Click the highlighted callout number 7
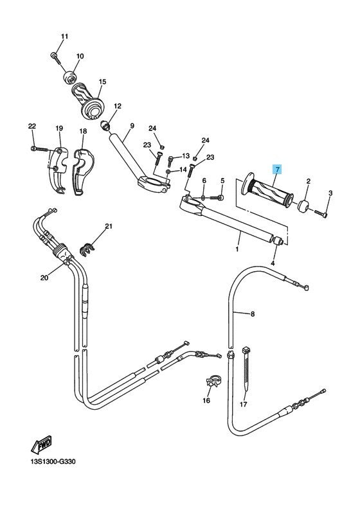pos(277,170)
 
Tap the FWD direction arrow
pos(42,445)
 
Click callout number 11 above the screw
pos(65,36)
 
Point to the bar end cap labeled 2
pos(303,206)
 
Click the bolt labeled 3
pos(321,213)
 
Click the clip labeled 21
pos(87,249)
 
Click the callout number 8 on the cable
pos(252,314)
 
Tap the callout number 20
pos(44,278)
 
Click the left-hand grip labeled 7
pos(267,190)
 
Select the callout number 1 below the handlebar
pos(237,250)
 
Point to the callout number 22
pos(32,126)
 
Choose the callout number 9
pos(132,125)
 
